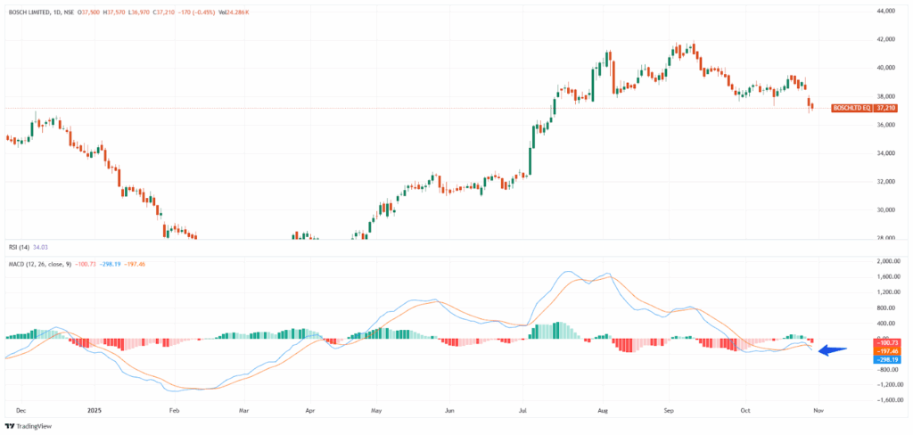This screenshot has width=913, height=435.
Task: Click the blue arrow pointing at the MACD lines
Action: pos(831,350)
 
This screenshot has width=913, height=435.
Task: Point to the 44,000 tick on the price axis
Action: pos(885,11)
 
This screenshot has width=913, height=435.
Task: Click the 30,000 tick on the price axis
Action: pos(885,210)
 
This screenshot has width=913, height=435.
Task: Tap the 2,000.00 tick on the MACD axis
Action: pos(888,262)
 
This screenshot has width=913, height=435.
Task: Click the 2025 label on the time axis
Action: pos(97,411)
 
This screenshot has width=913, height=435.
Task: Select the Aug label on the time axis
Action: pos(603,411)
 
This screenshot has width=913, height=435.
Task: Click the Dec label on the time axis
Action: pos(21,411)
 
